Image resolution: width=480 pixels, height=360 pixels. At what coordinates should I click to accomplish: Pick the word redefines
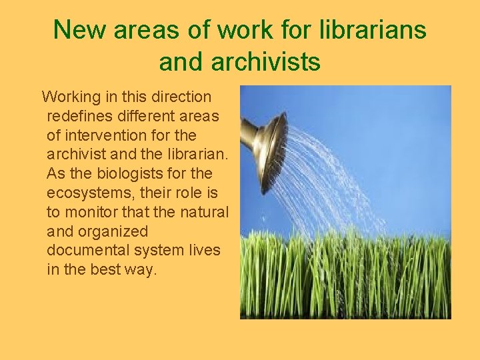[80, 117]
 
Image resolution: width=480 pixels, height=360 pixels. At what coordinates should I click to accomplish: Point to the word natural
[205, 212]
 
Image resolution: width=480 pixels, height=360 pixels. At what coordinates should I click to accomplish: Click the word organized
[114, 231]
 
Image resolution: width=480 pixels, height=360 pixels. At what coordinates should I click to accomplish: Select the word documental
[89, 251]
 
